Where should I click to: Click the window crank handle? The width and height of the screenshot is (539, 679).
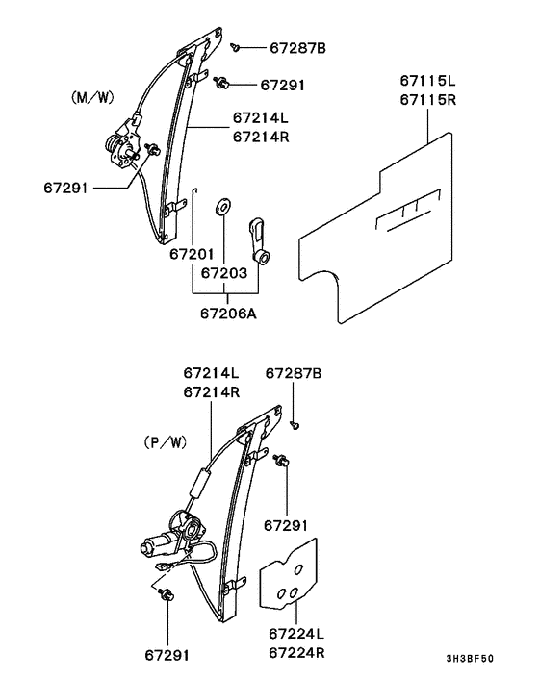click(261, 239)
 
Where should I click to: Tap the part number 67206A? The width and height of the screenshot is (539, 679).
click(229, 313)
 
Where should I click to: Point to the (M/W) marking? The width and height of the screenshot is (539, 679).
click(93, 97)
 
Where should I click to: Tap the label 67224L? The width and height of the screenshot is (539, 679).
click(296, 635)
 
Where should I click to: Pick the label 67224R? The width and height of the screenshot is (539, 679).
click(296, 653)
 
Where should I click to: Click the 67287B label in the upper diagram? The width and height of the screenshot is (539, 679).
click(297, 47)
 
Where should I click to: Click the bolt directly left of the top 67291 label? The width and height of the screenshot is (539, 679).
click(223, 84)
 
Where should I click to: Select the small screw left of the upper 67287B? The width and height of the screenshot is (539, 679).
click(235, 45)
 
